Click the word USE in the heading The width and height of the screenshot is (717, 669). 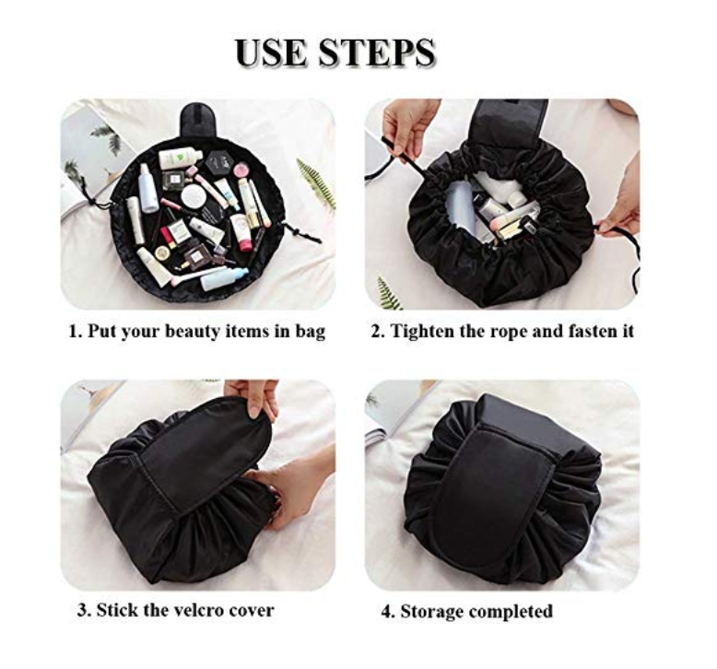[273, 53]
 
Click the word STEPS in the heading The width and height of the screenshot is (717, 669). [377, 53]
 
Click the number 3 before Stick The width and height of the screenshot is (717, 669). [81, 610]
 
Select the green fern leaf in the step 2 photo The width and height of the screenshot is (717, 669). [388, 292]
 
